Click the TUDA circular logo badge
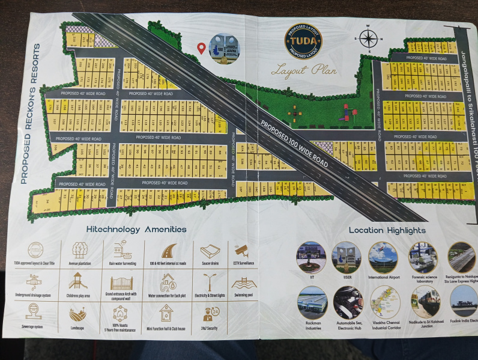click(303, 41)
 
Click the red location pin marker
click(202, 48)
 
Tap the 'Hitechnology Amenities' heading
click(136, 230)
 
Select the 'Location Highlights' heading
click(387, 230)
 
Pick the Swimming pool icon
click(242, 282)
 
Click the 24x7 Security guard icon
click(210, 314)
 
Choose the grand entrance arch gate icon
click(121, 282)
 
